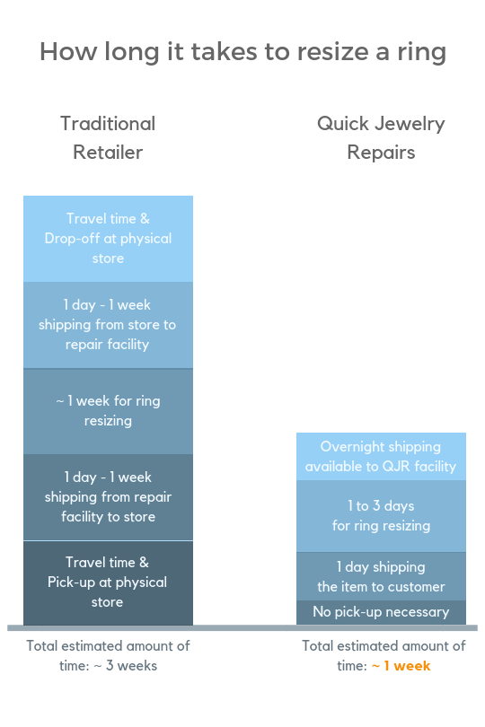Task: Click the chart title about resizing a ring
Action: click(x=242, y=52)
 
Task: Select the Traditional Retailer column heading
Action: click(x=108, y=137)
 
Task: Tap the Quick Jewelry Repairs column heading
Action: click(x=381, y=137)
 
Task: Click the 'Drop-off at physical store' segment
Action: click(x=108, y=239)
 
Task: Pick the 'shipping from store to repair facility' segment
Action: click(x=108, y=325)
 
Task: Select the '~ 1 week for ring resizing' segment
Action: click(x=108, y=411)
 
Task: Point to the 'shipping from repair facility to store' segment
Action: click(x=108, y=497)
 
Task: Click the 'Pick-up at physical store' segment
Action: click(x=108, y=582)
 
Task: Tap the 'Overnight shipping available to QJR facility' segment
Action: click(x=381, y=457)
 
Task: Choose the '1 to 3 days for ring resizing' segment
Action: click(x=381, y=516)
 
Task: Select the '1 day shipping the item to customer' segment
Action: click(x=381, y=576)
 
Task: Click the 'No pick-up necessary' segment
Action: click(x=381, y=612)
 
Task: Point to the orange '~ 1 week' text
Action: click(x=401, y=666)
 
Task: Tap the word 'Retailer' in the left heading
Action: click(x=108, y=152)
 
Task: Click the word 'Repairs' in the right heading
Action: click(x=381, y=153)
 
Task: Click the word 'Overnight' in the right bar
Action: click(x=349, y=447)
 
